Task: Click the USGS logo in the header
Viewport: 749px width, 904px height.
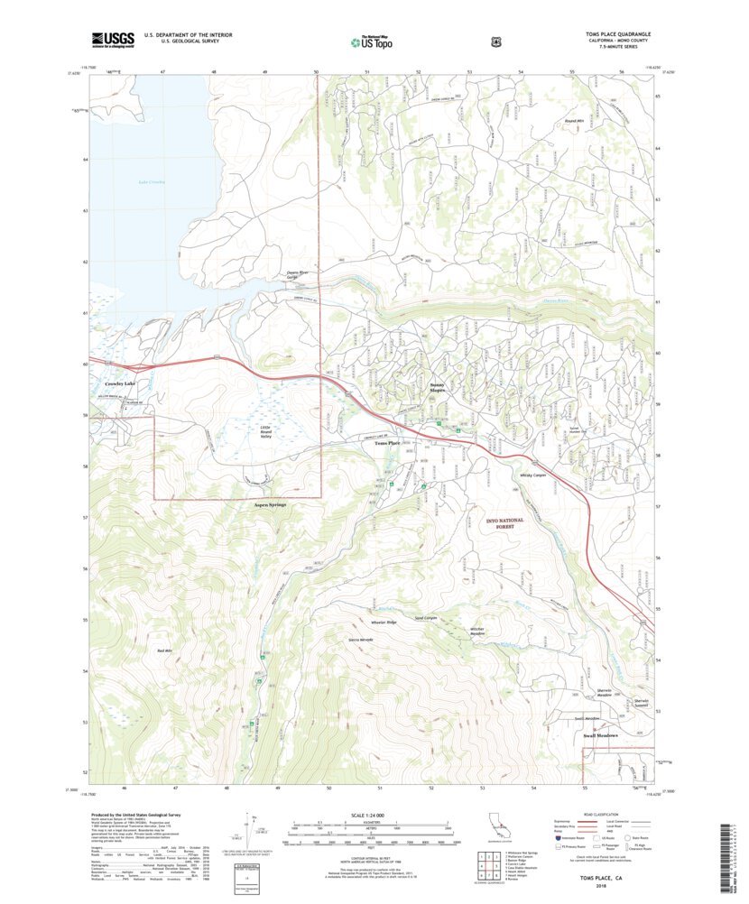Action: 112,40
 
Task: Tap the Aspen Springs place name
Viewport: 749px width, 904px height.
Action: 270,505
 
